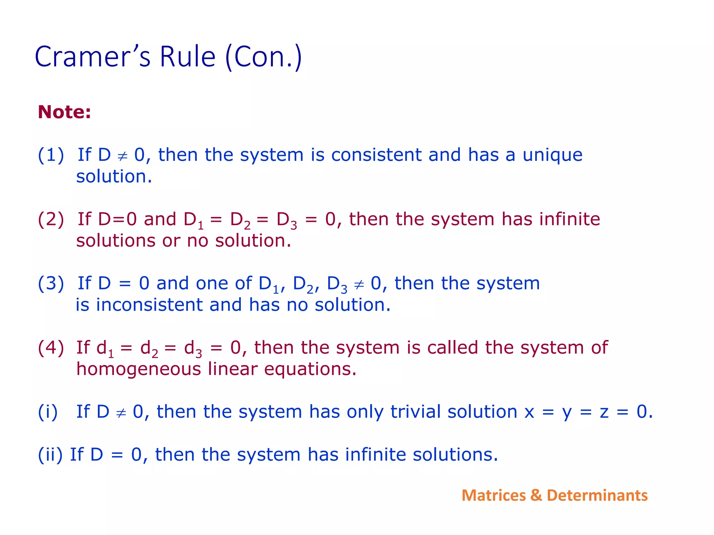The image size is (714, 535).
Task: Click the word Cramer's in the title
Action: [93, 57]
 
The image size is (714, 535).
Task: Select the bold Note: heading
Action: [64, 112]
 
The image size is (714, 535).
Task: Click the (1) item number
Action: [51, 155]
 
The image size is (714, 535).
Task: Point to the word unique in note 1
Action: [552, 155]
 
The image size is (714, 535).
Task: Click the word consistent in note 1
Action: [376, 155]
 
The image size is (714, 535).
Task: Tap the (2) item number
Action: [51, 219]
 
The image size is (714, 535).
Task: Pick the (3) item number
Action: [51, 284]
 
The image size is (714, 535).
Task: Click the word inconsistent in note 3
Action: [149, 305]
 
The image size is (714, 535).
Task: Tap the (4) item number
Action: [51, 348]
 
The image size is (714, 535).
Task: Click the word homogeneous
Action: [139, 369]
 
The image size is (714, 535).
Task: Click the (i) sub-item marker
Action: [48, 412]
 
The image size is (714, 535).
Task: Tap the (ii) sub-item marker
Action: [50, 455]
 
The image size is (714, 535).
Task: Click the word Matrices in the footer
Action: [493, 495]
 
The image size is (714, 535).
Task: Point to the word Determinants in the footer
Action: [597, 495]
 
